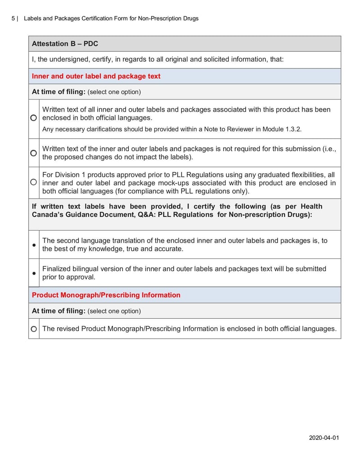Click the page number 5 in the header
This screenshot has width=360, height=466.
[13, 18]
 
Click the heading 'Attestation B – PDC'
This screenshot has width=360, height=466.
[65, 44]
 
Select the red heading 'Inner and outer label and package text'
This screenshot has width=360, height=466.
[96, 76]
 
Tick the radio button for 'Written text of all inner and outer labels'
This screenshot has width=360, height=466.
[34, 118]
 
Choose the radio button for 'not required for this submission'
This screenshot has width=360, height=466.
[34, 153]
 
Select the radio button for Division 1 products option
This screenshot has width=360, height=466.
[34, 182]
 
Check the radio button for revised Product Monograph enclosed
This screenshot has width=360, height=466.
[34, 329]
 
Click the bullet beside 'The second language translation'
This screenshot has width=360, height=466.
[34, 245]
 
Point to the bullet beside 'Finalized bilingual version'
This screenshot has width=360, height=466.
[34, 273]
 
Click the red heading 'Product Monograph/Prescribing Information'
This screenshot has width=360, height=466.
[106, 295]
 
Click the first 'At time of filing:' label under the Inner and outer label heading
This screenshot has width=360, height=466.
[58, 92]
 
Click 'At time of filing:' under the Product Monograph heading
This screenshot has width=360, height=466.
[58, 311]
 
